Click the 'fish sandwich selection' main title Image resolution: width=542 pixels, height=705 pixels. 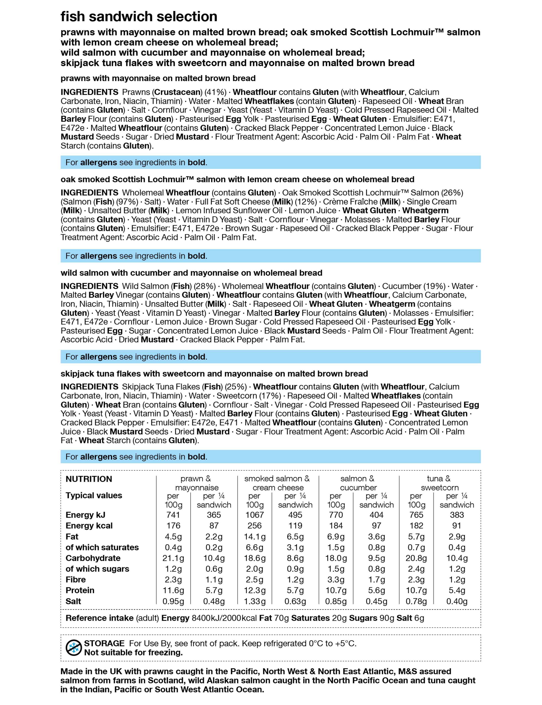click(139, 17)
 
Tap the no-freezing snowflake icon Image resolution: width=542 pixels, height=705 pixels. click(73, 648)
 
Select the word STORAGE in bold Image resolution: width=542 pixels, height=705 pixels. click(104, 643)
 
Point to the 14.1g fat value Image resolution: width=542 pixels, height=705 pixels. click(254, 537)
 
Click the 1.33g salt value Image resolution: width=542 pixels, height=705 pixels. click(254, 601)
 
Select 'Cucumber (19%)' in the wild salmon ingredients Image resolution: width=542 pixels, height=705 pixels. click(414, 286)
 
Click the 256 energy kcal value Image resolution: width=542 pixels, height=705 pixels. click(254, 526)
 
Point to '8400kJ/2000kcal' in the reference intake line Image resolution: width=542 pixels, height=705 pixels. click(224, 618)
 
